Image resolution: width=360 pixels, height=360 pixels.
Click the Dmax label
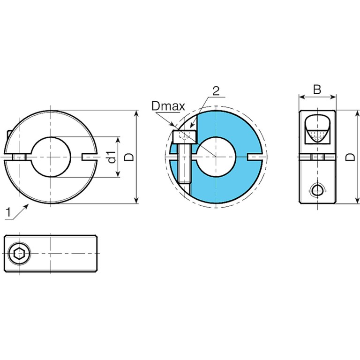(168, 106)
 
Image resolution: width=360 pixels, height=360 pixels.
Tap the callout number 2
(216, 91)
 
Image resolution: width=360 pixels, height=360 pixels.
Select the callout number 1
(8, 212)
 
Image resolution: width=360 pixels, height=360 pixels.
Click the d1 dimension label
(112, 157)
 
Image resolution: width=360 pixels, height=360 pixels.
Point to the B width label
(317, 90)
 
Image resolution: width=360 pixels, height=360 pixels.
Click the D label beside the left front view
(129, 157)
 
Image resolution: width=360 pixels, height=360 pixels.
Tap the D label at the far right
(350, 157)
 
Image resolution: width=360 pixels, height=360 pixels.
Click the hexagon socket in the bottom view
(19, 254)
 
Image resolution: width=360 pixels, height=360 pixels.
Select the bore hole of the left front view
(51, 157)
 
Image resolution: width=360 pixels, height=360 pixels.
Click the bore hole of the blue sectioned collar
(216, 157)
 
